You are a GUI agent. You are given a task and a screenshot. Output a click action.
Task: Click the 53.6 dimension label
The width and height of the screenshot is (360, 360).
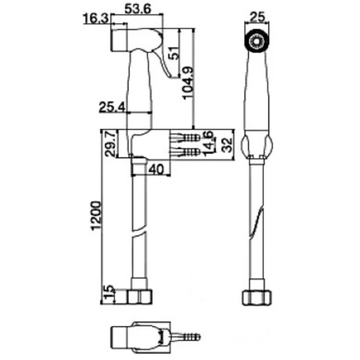coord(137,9)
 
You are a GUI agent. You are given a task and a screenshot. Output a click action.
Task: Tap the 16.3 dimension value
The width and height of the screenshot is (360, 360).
coord(96,19)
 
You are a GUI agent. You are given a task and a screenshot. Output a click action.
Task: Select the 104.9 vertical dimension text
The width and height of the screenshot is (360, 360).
coord(188,83)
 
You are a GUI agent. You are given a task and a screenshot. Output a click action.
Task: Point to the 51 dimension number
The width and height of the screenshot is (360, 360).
coord(174,53)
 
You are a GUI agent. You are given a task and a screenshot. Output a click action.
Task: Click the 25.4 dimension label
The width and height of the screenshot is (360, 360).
coord(112,107)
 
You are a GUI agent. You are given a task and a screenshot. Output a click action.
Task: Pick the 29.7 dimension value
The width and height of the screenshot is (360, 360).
coord(110,143)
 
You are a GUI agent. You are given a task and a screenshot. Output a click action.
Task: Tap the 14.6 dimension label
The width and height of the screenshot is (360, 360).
coord(209,144)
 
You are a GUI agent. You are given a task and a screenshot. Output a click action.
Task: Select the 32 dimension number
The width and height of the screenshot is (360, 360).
coord(227,145)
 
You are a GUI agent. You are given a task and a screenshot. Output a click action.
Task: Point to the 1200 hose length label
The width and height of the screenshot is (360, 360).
coord(96,215)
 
